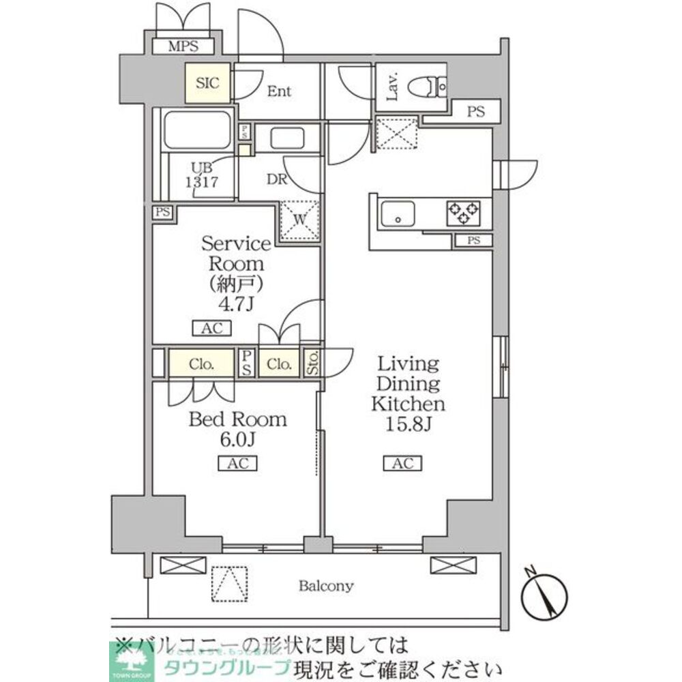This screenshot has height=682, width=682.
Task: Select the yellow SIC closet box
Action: click(x=207, y=83)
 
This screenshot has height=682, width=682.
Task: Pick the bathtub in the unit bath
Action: click(x=198, y=130)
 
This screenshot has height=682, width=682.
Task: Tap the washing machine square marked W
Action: click(x=299, y=220)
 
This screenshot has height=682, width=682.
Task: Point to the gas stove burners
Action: click(x=463, y=213)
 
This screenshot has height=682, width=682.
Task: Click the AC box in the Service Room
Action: click(x=212, y=329)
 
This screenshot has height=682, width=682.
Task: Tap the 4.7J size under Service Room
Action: click(x=235, y=303)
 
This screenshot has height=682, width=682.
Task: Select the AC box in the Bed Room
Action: click(x=237, y=464)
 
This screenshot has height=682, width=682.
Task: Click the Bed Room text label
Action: click(x=237, y=419)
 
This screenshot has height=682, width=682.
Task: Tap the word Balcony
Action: click(x=325, y=585)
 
